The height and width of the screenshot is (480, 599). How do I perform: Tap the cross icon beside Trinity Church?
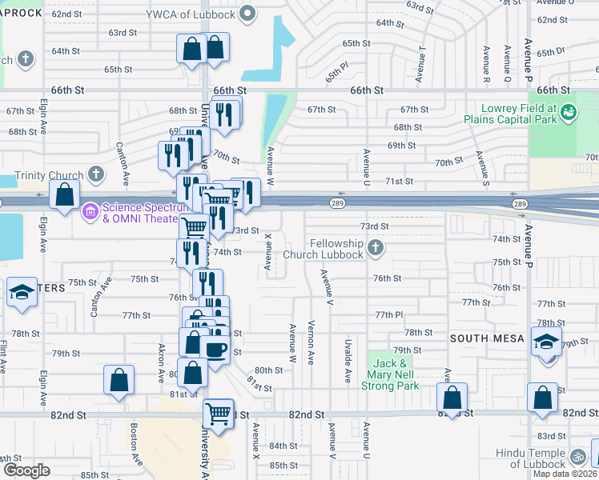(95, 174)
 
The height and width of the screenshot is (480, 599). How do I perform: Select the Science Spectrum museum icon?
(90, 211)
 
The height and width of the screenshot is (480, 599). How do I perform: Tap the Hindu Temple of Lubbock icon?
(578, 458)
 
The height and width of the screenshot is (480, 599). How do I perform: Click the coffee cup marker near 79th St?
(215, 349)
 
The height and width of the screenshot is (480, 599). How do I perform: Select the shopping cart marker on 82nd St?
(218, 414)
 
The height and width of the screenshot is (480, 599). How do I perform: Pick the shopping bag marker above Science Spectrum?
(64, 194)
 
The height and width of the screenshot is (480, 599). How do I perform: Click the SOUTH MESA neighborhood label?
(487, 338)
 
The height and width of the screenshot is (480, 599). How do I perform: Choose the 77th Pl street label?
(390, 315)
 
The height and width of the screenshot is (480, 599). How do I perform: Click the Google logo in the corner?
(27, 470)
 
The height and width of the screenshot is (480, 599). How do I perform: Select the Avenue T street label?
(421, 64)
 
